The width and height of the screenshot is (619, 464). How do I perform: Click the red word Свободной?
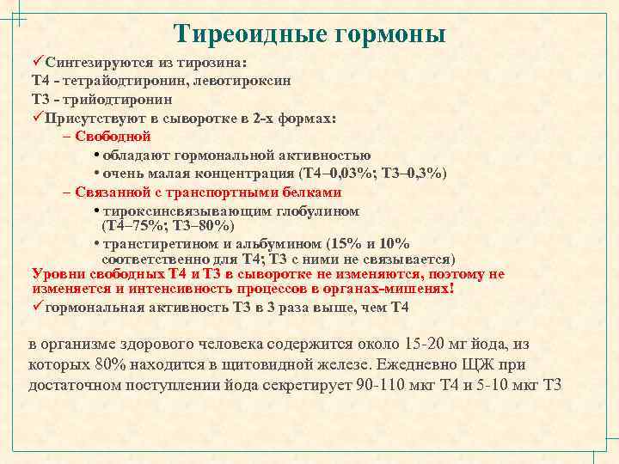pyautogui.click(x=113, y=136)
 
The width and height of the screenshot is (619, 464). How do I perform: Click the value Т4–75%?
pyautogui.click(x=134, y=226)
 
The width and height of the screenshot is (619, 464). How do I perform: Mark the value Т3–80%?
pyautogui.click(x=199, y=226)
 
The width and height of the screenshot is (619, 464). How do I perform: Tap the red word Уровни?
pyautogui.click(x=58, y=274)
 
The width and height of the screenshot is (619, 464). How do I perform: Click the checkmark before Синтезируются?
pyautogui.click(x=37, y=63)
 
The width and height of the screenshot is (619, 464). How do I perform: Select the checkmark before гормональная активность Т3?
pyautogui.click(x=37, y=307)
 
